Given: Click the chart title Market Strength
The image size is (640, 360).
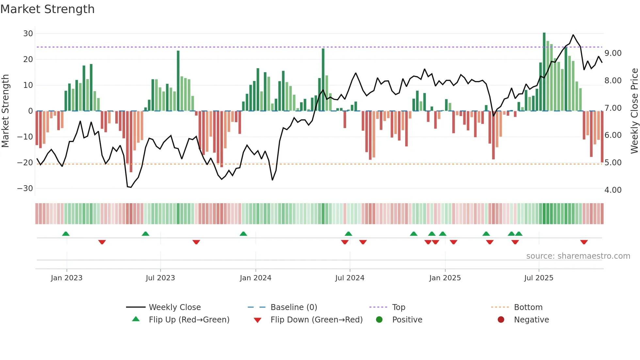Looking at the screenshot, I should [47, 9].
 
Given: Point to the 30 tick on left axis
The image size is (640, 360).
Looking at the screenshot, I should [28, 34].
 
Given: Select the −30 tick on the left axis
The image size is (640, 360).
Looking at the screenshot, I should [25, 188].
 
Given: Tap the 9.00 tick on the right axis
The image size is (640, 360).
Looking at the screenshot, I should [613, 53].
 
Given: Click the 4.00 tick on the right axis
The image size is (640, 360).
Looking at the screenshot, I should [613, 190].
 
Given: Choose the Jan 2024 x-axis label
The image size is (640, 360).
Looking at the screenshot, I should [255, 278].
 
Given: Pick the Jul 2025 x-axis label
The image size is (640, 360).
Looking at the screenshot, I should [538, 278].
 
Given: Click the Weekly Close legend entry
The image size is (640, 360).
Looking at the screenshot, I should [174, 307].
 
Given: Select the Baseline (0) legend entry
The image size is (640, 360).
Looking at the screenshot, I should [294, 307].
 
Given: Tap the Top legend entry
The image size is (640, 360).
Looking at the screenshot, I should [398, 307].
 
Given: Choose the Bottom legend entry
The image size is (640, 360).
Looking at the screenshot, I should [528, 307].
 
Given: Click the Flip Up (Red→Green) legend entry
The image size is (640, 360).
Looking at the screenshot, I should [189, 320].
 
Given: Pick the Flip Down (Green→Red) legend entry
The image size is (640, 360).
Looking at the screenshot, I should [316, 320].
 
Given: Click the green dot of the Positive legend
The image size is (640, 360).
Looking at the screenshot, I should [379, 320].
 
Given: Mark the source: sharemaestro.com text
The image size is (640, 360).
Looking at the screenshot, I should [578, 256].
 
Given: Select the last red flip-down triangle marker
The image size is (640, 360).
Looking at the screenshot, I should [584, 242].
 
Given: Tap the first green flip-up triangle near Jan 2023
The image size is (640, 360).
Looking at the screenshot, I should [66, 234].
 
